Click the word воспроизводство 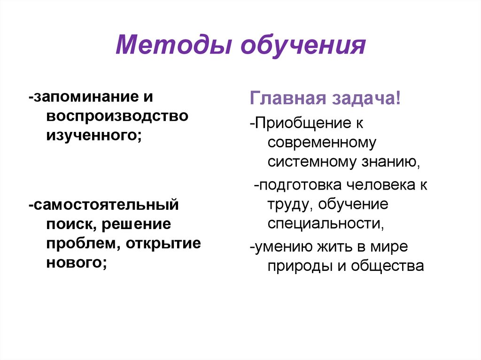pos(117,116)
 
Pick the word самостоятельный pos(106,205)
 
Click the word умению pos(282,247)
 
